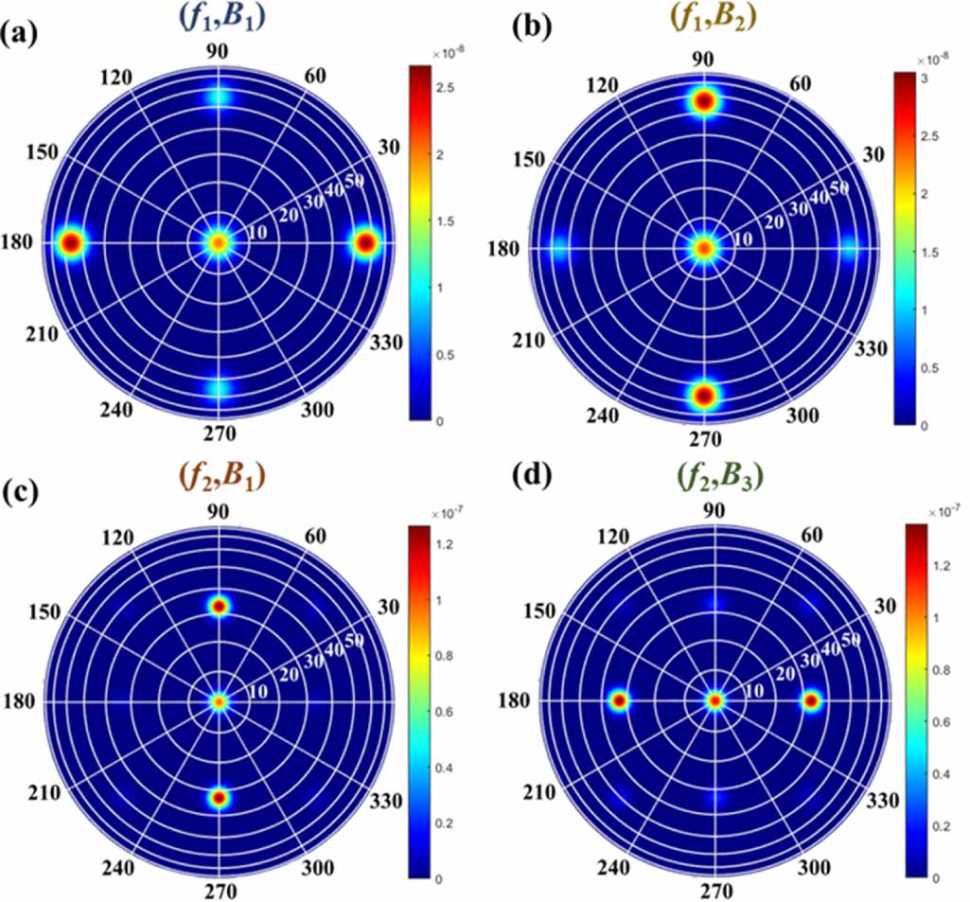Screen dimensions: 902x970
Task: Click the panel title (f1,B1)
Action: click(219, 17)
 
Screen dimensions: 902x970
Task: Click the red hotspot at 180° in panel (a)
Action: click(71, 243)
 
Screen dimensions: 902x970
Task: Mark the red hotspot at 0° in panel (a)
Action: click(365, 243)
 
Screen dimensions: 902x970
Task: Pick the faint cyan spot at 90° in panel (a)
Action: click(219, 97)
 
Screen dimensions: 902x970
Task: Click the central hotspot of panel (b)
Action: click(704, 248)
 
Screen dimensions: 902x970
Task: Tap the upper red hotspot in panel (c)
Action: click(220, 606)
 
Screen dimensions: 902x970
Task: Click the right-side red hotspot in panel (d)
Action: click(811, 701)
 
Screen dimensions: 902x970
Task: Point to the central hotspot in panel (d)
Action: click(715, 701)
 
